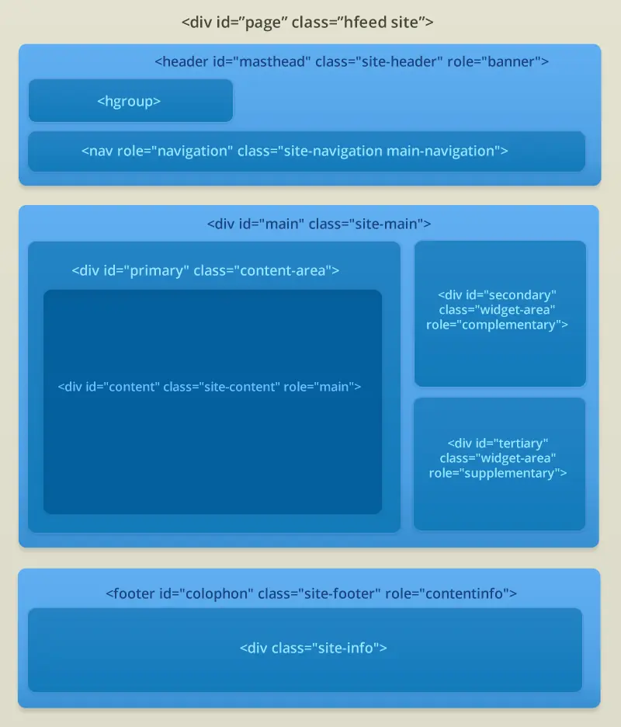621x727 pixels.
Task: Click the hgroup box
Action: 130,101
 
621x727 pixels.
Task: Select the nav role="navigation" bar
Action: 307,151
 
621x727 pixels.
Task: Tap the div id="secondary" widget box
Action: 500,314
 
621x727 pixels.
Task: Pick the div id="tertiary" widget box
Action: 499,464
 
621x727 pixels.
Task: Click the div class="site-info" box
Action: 305,650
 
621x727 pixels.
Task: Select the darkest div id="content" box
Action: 213,402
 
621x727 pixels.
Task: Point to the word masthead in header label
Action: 274,61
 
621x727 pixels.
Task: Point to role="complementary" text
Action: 498,325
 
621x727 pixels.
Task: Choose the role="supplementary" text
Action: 498,473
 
